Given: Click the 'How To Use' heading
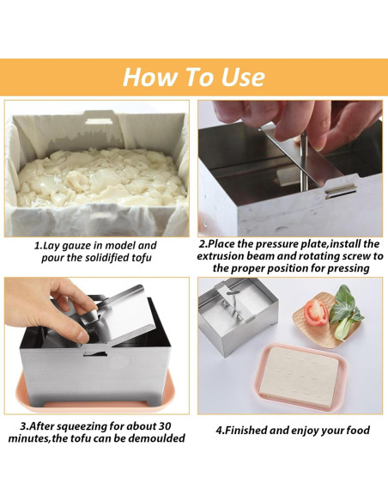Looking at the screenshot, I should tap(193, 77).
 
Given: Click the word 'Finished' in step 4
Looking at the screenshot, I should tap(256, 429).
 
